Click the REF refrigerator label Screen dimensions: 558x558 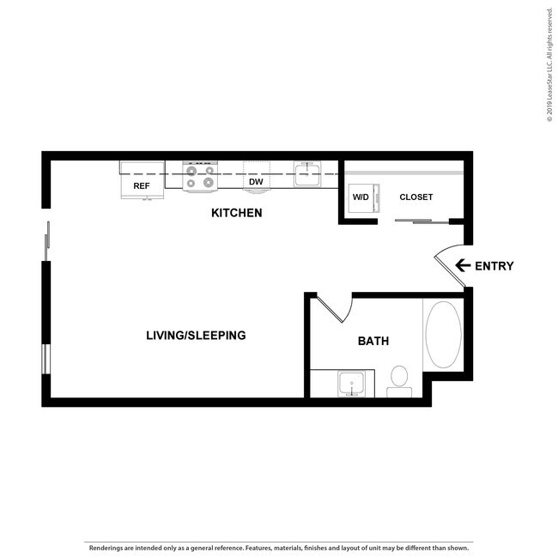pos(142,185)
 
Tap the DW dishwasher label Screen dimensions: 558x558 pos(256,182)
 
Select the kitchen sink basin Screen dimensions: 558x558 pos(307,173)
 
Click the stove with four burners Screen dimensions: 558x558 pos(200,177)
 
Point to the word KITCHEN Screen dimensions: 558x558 pos(237,213)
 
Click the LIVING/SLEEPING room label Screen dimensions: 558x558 pos(196,335)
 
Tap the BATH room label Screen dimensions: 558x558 pos(373,341)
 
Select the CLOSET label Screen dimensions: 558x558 pos(416,197)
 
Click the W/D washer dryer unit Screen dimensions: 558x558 pos(364,198)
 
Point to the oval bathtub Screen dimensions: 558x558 pos(444,335)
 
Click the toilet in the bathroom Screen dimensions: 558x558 pos(399,381)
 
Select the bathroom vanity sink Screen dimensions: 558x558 pos(351,384)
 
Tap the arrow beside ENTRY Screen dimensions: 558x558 pos(463,265)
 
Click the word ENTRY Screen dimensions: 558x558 pos(494,266)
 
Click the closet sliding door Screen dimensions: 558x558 pos(422,221)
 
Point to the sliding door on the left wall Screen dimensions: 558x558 pos(47,241)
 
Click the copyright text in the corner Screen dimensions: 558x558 pos(549,64)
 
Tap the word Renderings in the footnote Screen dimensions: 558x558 pos(106,548)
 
